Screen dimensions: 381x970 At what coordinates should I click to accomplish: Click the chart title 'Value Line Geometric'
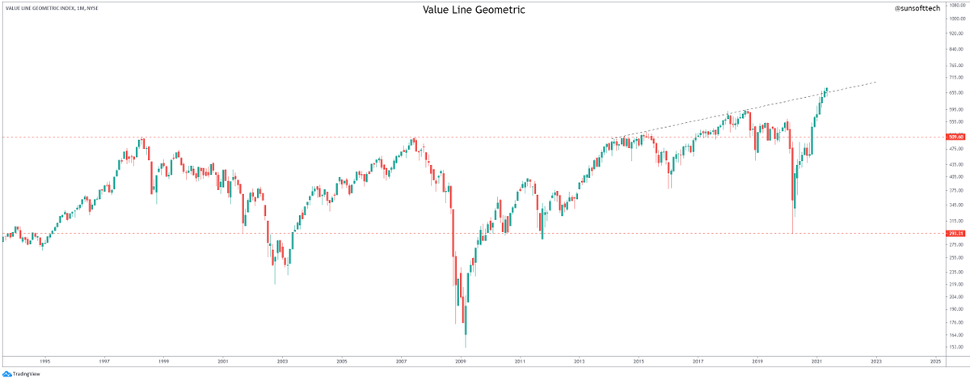coord(474,10)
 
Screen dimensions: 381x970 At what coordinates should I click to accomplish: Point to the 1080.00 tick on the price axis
coord(958,5)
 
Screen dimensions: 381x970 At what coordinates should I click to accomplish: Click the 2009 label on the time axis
coord(461,362)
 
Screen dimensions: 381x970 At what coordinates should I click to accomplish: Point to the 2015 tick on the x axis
coord(639,362)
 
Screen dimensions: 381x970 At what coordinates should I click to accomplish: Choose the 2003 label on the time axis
coord(282,362)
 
